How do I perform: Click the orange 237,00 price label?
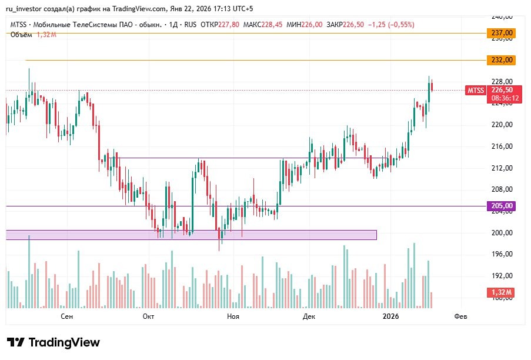coord(501,34)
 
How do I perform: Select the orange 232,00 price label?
coord(501,60)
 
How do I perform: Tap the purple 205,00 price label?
coord(501,206)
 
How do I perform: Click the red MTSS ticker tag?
coord(475,90)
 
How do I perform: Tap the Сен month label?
coord(67,316)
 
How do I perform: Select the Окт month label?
coord(148,316)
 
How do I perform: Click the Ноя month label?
coord(233,316)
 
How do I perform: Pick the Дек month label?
coord(309,316)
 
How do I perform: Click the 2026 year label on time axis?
coord(390,316)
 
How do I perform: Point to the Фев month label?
coord(461,316)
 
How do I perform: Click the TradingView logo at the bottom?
coord(54,342)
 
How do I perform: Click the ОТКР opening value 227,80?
coord(229,25)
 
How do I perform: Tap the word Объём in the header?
coord(21,35)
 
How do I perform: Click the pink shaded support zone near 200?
coord(191,235)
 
